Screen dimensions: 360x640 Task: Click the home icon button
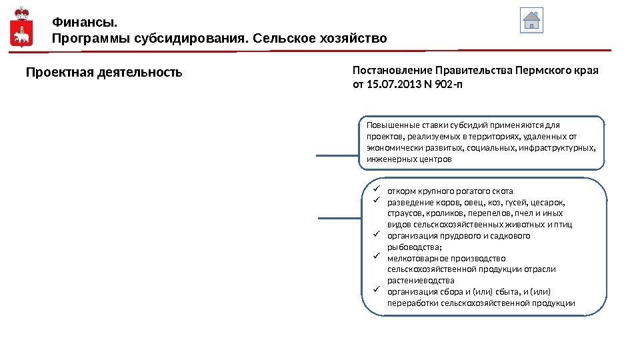tap(531, 20)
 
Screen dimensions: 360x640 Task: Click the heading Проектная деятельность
tap(103, 71)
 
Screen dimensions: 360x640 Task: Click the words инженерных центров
tap(409, 160)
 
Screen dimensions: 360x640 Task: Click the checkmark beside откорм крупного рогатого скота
tap(375, 190)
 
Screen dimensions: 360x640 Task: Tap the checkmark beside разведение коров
tap(375, 201)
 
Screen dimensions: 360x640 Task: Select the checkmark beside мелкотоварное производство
tap(375, 257)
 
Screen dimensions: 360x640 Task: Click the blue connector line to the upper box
tap(337, 157)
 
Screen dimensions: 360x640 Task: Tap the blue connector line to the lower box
tap(340, 218)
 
